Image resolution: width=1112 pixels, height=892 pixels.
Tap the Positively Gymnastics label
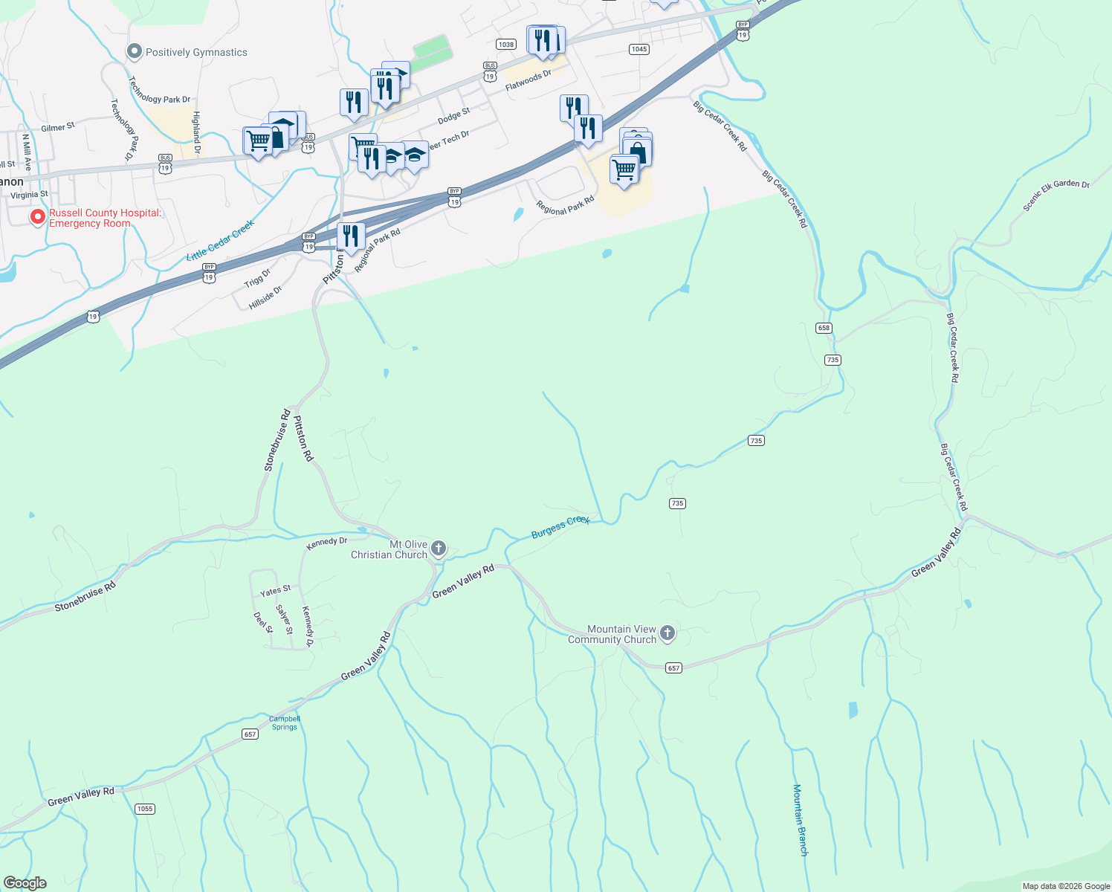click(196, 52)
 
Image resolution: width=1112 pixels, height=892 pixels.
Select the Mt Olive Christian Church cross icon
click(439, 549)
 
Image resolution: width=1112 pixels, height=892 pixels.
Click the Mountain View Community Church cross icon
click(667, 633)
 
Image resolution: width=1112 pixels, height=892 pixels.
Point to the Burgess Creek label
click(560, 526)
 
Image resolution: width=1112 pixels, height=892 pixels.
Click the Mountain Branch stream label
click(800, 820)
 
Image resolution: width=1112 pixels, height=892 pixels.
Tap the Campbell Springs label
click(285, 723)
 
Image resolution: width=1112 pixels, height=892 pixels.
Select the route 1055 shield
click(145, 809)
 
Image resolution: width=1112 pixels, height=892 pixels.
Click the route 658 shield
click(824, 328)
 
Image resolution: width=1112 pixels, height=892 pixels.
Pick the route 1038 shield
click(506, 45)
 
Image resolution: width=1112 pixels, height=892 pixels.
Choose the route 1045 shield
click(639, 49)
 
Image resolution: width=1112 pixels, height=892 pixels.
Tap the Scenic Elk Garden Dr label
click(1056, 195)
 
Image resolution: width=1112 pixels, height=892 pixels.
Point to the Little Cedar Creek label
click(220, 239)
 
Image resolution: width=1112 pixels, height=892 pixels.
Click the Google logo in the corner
click(25, 883)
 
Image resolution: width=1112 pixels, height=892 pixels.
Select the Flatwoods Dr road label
click(528, 81)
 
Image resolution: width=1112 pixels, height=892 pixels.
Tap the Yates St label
click(275, 591)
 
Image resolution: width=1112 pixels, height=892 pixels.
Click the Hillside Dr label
click(266, 297)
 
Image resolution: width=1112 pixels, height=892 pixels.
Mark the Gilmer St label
click(58, 127)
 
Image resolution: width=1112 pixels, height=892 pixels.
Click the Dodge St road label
click(454, 116)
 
